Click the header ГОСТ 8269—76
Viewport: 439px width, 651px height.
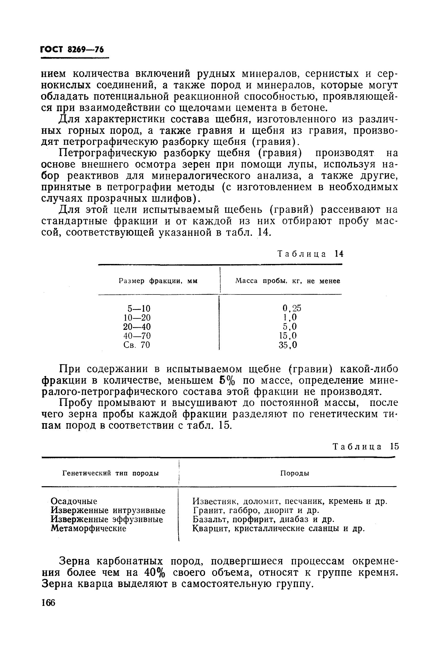click(x=72, y=49)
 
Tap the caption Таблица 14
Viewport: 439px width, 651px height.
click(x=310, y=254)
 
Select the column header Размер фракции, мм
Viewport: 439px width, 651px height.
click(x=158, y=281)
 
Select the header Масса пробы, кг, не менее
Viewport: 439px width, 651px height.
click(x=288, y=281)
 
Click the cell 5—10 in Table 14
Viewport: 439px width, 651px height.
click(x=139, y=309)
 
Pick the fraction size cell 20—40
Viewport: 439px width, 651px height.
click(x=137, y=327)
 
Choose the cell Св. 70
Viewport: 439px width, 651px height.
click(x=137, y=345)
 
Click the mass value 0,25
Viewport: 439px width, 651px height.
click(x=292, y=308)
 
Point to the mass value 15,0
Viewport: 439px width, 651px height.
click(x=288, y=336)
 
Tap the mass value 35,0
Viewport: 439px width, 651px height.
click(x=288, y=345)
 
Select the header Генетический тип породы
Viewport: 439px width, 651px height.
click(x=110, y=473)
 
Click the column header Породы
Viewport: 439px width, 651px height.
click(x=294, y=473)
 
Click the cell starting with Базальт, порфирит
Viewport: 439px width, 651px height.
click(x=263, y=520)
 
